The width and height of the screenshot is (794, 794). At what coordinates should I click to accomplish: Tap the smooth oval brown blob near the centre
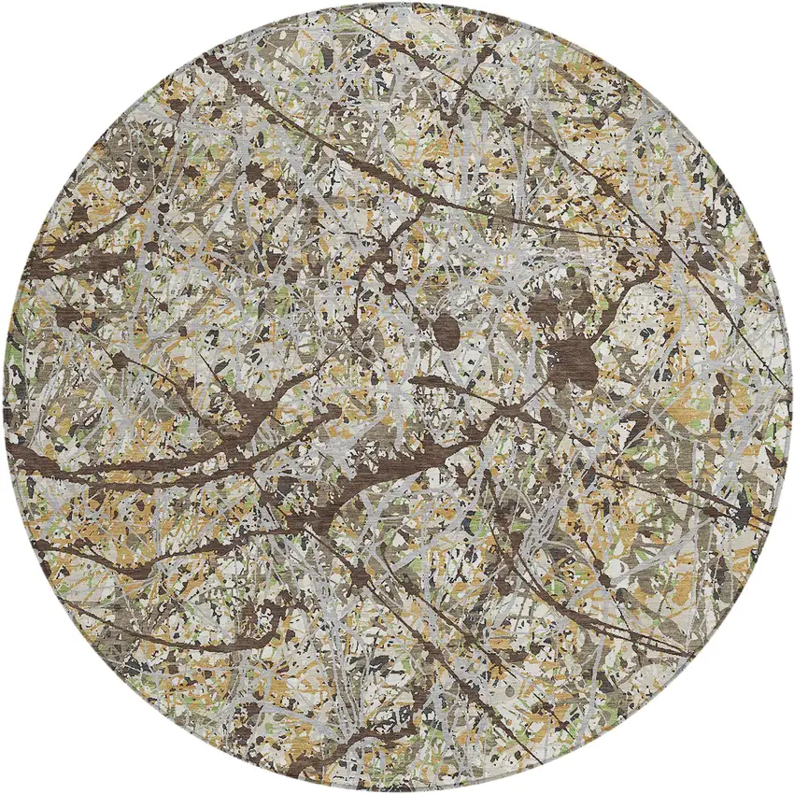pyautogui.click(x=448, y=331)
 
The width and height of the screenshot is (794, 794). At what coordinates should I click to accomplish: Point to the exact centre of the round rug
pyautogui.click(x=397, y=397)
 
